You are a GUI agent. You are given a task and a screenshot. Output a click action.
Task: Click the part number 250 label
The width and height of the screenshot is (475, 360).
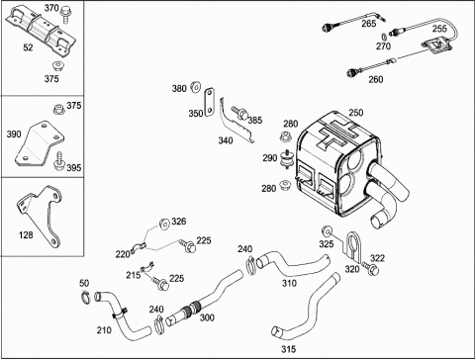(x=356, y=113)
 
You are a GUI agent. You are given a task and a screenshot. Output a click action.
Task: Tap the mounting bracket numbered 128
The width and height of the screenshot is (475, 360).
(x=42, y=215)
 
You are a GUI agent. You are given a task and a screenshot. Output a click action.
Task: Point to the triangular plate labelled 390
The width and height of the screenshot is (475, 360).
(x=39, y=143)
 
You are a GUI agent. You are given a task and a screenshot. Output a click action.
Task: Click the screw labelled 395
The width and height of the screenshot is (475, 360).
(x=59, y=160)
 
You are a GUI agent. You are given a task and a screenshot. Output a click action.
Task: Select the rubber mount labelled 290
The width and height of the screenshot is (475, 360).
(x=286, y=159)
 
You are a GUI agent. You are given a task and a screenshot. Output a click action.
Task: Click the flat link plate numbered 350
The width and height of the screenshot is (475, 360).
(x=209, y=102)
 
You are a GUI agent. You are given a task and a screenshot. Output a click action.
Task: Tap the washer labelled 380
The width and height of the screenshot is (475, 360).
(x=195, y=87)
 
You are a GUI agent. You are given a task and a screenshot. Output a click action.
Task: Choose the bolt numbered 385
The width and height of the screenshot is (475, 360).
(x=240, y=113)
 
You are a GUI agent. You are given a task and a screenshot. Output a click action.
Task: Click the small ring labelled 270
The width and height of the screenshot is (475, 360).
(x=384, y=36)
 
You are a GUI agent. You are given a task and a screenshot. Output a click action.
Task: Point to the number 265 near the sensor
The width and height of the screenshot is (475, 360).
(x=368, y=24)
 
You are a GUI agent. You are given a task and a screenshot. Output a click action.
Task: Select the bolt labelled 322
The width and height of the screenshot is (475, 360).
(x=370, y=268)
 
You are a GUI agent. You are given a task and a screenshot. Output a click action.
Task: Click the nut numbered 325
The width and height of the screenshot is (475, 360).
(x=327, y=231)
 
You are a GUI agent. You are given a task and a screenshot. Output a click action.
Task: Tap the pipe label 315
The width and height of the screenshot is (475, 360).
(x=288, y=349)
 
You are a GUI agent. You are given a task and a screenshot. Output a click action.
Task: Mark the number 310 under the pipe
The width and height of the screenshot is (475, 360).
(x=289, y=283)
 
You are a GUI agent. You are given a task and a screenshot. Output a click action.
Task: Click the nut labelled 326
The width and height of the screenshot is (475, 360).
(x=164, y=224)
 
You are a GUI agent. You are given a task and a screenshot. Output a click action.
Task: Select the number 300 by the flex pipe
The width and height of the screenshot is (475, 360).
(x=207, y=317)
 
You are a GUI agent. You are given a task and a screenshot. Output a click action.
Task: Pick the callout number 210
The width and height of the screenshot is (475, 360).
(x=104, y=330)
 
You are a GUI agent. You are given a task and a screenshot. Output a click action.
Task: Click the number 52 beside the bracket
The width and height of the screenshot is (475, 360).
(x=28, y=47)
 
